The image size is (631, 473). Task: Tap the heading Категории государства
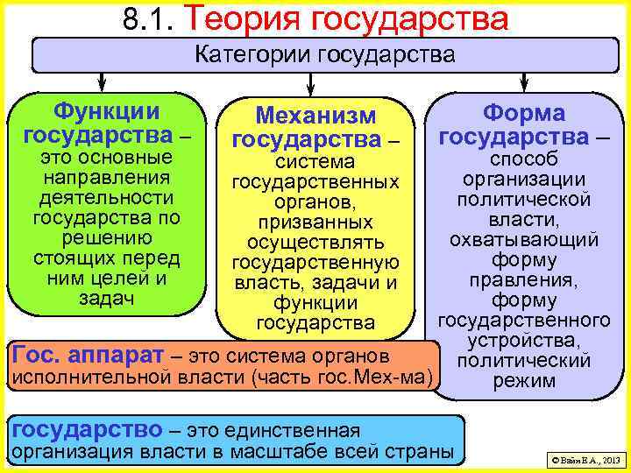(324, 56)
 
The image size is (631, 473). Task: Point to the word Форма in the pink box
(524, 113)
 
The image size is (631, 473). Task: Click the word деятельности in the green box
(107, 198)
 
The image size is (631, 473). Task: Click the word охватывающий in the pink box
(524, 239)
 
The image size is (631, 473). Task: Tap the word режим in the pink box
(524, 380)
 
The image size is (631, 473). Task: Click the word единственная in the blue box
(302, 430)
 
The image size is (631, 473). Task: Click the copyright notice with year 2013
(583, 459)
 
